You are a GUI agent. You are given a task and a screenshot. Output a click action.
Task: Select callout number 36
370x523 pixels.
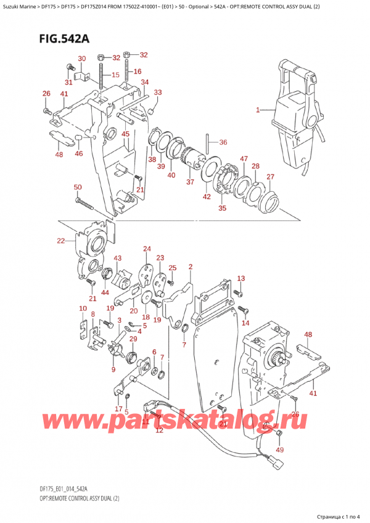tap(223, 142)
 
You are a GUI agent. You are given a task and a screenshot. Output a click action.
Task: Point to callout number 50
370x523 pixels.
tap(77, 187)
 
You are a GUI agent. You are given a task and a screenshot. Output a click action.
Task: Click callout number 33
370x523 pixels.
tap(157, 93)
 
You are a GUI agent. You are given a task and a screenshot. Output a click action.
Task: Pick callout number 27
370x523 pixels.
tap(269, 177)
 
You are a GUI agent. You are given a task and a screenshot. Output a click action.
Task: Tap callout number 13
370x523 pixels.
tap(241, 278)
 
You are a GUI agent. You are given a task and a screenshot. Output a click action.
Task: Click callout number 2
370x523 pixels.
tap(191, 267)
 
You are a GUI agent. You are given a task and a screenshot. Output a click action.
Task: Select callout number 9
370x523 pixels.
tap(113, 369)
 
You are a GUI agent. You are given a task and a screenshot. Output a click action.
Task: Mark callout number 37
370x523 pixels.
tap(190, 182)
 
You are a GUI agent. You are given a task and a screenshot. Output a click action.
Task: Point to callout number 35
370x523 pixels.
tap(222, 209)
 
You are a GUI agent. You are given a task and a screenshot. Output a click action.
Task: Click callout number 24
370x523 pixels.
tap(147, 249)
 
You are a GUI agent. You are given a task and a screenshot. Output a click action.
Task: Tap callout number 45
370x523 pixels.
tap(125, 134)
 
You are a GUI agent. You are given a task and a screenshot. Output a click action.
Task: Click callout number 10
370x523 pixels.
tap(82, 308)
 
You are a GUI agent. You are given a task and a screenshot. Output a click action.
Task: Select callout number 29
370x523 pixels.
tap(133, 339)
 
